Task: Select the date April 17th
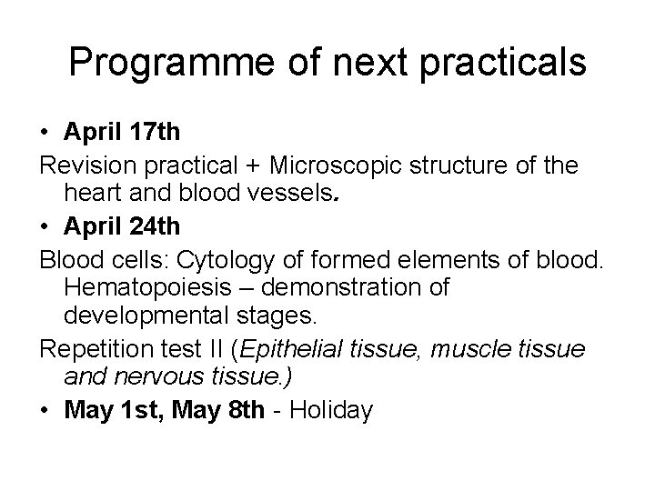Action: tap(122, 132)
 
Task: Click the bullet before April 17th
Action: tap(45, 133)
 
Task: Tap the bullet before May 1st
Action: tap(45, 412)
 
